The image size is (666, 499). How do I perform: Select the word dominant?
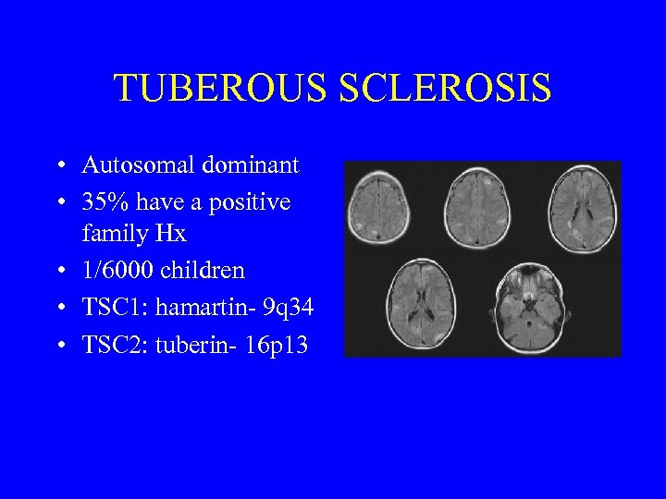pyautogui.click(x=248, y=166)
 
